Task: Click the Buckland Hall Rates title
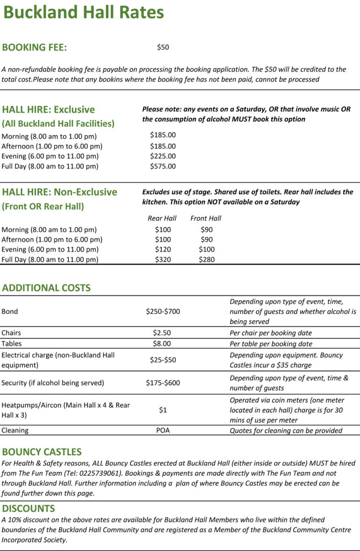[83, 13]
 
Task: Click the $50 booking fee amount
[163, 47]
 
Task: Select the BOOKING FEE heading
[35, 48]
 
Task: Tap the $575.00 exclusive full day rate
[163, 166]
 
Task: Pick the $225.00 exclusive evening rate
[163, 156]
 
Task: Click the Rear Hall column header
[162, 218]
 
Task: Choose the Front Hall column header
[206, 218]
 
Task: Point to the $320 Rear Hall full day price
[163, 259]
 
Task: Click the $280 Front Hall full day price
[206, 259]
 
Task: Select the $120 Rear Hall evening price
[163, 250]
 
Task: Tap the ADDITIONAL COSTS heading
[46, 288]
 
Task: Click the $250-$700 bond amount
[163, 311]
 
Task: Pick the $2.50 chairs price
[163, 333]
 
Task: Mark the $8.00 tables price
[163, 344]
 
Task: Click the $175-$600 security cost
[163, 383]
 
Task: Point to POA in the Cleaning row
[163, 430]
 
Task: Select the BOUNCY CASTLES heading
[42, 452]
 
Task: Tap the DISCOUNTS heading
[29, 508]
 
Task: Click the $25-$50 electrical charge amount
[163, 360]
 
